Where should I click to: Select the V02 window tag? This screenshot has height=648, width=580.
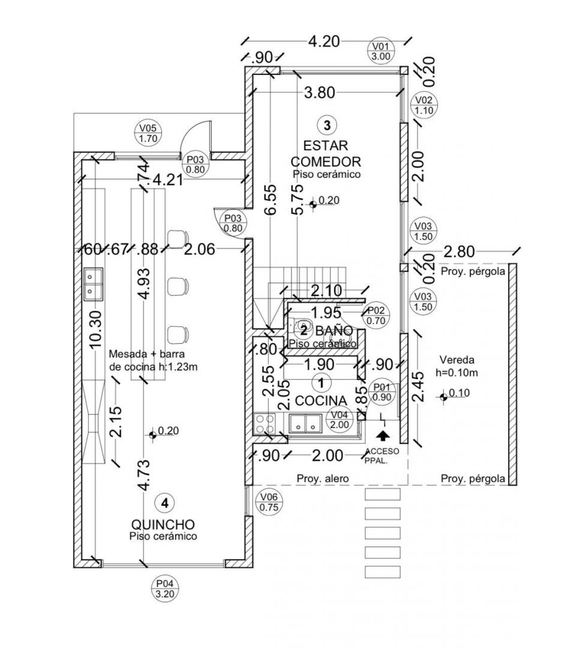(424, 106)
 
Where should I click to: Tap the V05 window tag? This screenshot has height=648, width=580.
(148, 133)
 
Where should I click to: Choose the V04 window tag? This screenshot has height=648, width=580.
(339, 419)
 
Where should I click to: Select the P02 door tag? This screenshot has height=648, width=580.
(376, 315)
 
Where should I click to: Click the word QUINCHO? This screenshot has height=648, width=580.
(163, 524)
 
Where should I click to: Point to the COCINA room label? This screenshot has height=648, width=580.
(321, 401)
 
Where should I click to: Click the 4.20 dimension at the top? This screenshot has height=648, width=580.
(323, 41)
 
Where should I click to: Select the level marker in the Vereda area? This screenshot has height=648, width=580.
(444, 395)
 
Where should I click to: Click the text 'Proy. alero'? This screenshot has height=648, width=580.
(323, 479)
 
